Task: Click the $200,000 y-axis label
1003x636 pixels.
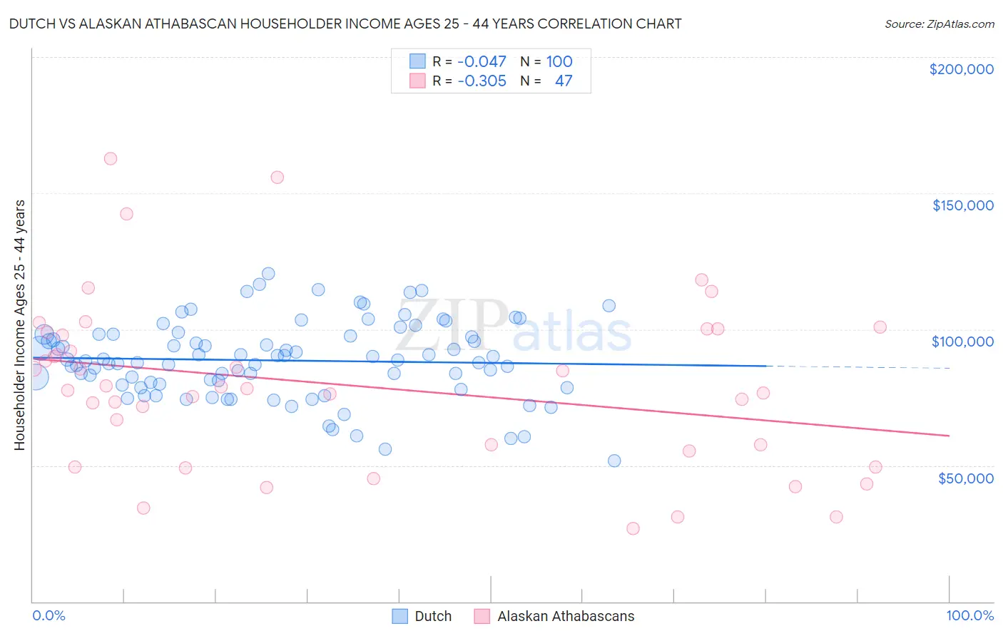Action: coord(961,69)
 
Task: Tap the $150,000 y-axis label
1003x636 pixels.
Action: coord(962,205)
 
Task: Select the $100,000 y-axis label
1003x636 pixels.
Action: coord(962,342)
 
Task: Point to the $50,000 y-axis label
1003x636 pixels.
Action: coord(965,478)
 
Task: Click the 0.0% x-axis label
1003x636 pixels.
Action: coord(49,615)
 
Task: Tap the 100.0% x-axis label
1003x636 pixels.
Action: coord(969,615)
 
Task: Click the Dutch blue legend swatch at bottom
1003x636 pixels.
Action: coord(400,616)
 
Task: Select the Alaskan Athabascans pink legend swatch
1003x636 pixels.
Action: coord(482,616)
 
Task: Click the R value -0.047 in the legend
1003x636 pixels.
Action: coord(482,62)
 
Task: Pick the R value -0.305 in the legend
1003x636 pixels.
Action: coord(482,81)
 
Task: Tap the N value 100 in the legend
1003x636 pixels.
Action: coord(559,62)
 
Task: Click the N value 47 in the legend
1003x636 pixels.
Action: coord(564,81)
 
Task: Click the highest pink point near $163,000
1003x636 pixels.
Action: coord(110,159)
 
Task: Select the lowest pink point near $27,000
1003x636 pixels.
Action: coord(633,528)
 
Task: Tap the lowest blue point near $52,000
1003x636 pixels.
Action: coord(614,461)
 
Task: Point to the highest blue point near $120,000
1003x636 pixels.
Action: coord(268,274)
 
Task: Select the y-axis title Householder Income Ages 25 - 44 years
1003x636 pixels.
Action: coord(19,325)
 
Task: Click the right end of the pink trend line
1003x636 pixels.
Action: coord(949,435)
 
